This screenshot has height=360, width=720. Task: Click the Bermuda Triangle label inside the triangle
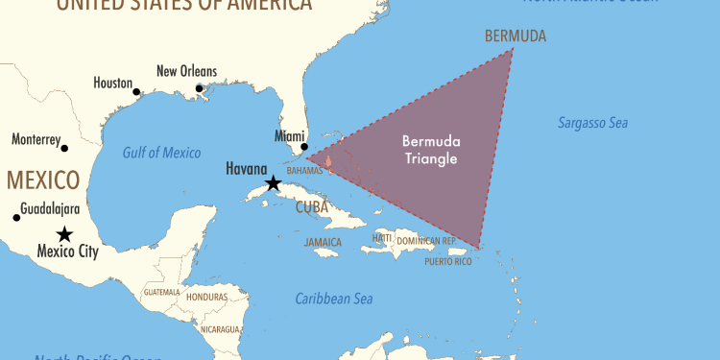click(429, 150)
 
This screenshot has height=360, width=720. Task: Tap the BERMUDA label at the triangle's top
click(516, 36)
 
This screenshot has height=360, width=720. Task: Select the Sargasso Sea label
click(592, 123)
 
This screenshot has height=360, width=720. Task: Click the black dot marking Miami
click(304, 147)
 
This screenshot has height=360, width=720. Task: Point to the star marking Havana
click(274, 182)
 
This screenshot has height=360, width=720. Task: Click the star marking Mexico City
click(64, 233)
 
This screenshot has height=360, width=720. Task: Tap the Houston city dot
click(136, 92)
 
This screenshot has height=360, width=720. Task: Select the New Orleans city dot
click(200, 88)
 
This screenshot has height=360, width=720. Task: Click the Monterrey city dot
click(64, 148)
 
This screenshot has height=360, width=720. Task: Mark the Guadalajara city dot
click(16, 217)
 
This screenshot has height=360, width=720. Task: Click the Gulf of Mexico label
click(161, 153)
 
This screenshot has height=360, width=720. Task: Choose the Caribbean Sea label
click(333, 299)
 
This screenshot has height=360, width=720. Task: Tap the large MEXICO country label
click(42, 180)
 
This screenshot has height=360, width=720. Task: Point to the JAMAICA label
click(323, 242)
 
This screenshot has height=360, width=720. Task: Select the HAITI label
click(383, 237)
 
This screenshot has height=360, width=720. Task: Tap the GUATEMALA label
click(160, 291)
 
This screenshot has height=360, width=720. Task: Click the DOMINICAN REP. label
click(427, 239)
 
